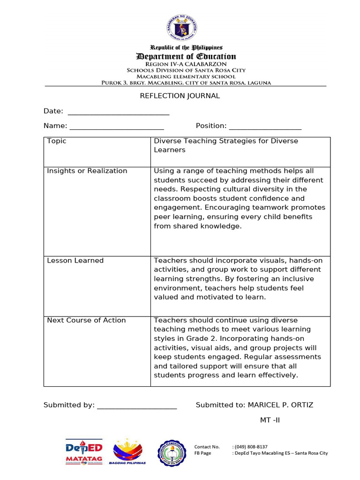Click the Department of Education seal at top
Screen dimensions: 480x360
point(182,26)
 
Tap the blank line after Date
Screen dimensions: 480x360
point(119,112)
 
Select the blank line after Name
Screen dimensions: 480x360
point(117,127)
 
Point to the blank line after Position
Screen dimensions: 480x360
point(265,127)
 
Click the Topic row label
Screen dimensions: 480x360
point(57,141)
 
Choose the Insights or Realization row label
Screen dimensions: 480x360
point(87,171)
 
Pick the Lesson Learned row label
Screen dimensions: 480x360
point(75,261)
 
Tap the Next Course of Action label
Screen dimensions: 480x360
point(87,321)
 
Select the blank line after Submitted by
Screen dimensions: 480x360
point(137,406)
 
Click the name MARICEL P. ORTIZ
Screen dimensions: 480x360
point(280,405)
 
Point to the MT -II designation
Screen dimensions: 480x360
point(270,420)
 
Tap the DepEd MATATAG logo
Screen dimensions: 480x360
point(84,453)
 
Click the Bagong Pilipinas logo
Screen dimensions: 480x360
point(127,452)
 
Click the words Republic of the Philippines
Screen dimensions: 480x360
point(180,48)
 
